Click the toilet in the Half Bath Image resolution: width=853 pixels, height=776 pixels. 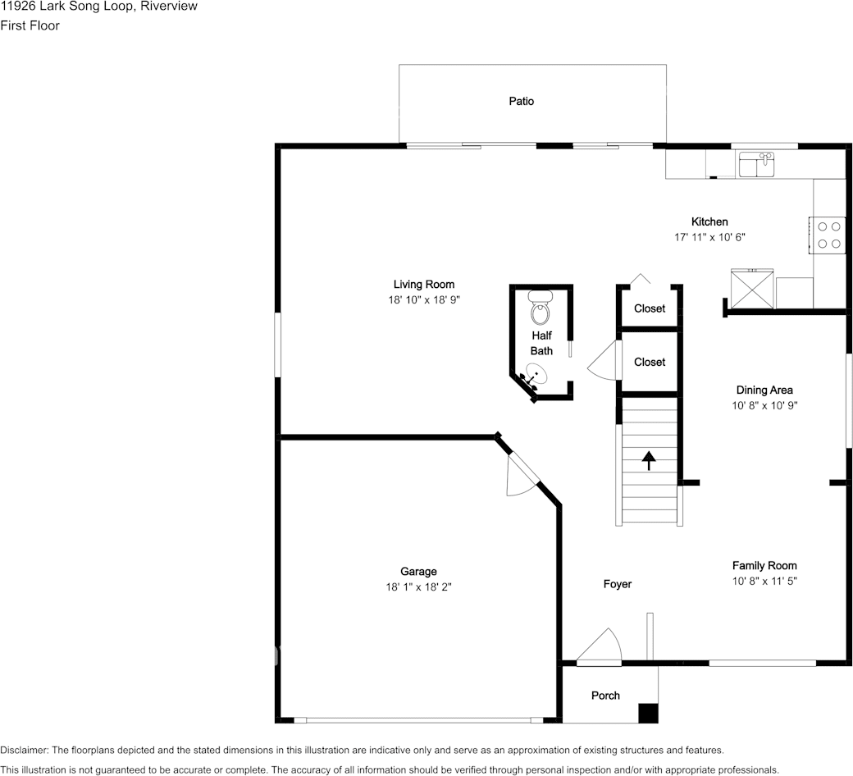click(541, 308)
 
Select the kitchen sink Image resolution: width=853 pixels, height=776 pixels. click(757, 164)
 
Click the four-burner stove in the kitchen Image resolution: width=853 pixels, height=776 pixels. click(827, 235)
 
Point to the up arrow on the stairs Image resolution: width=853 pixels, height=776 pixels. click(649, 460)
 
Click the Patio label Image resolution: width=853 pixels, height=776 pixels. click(521, 101)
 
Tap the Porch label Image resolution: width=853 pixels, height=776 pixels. click(605, 696)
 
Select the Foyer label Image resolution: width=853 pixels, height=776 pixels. click(618, 584)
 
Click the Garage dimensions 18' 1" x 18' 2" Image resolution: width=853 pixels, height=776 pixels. click(419, 587)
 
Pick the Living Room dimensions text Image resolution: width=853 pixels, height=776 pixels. click(424, 299)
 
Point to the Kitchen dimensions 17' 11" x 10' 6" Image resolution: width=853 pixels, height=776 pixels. click(709, 237)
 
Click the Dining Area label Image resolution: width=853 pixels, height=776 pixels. click(764, 390)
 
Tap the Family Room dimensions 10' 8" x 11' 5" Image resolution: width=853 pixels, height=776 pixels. click(764, 581)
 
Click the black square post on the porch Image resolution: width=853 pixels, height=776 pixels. click(648, 714)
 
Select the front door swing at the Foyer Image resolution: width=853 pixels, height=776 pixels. click(599, 646)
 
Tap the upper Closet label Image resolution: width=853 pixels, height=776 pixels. click(650, 308)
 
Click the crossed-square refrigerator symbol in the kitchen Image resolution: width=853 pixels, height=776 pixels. click(752, 289)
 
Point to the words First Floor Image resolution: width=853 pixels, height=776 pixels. click(30, 25)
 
